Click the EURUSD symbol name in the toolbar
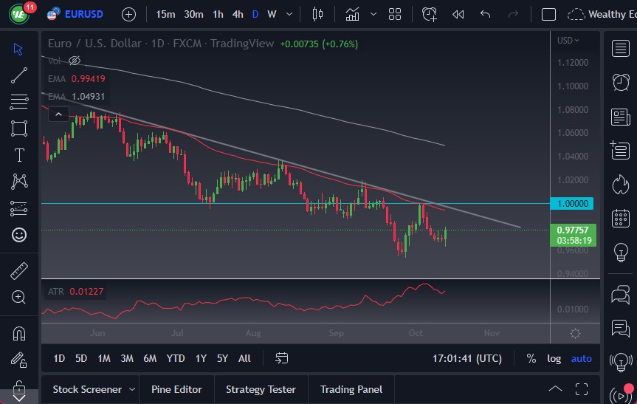click(x=83, y=14)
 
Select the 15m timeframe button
click(x=166, y=14)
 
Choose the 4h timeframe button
click(x=238, y=14)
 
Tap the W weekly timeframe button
click(x=272, y=14)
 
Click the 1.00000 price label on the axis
click(x=572, y=203)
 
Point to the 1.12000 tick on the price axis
click(x=574, y=63)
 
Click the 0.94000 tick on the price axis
click(x=574, y=273)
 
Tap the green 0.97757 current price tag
click(x=574, y=230)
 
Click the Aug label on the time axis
click(x=253, y=332)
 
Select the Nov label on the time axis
click(x=492, y=332)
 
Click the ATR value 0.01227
click(x=87, y=292)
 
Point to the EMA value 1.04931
click(x=88, y=96)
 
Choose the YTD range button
click(x=176, y=358)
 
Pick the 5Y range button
click(x=222, y=358)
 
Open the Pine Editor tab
click(x=177, y=389)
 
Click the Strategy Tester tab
click(x=261, y=389)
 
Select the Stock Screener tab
click(x=86, y=389)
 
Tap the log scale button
click(x=554, y=358)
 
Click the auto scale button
click(x=582, y=358)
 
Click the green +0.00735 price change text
click(x=299, y=44)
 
